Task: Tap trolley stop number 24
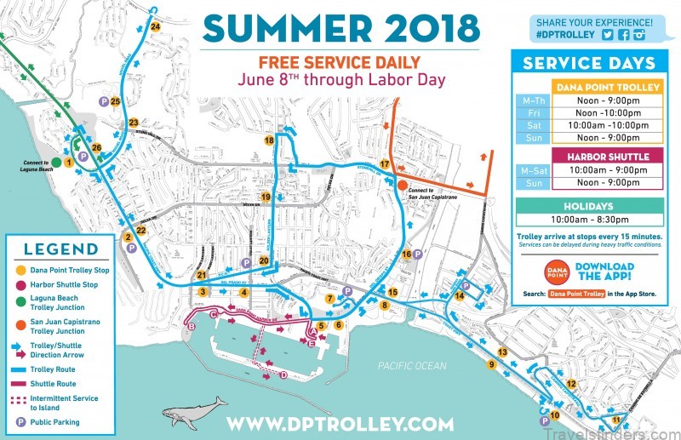[155, 26]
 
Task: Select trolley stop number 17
[385, 163]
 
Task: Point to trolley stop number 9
[491, 364]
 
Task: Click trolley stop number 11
[615, 419]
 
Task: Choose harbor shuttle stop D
[283, 375]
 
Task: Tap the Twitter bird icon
[608, 36]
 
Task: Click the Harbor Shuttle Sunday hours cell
[609, 183]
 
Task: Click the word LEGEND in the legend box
[60, 249]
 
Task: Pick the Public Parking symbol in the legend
[19, 421]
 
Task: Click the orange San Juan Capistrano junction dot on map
[401, 183]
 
